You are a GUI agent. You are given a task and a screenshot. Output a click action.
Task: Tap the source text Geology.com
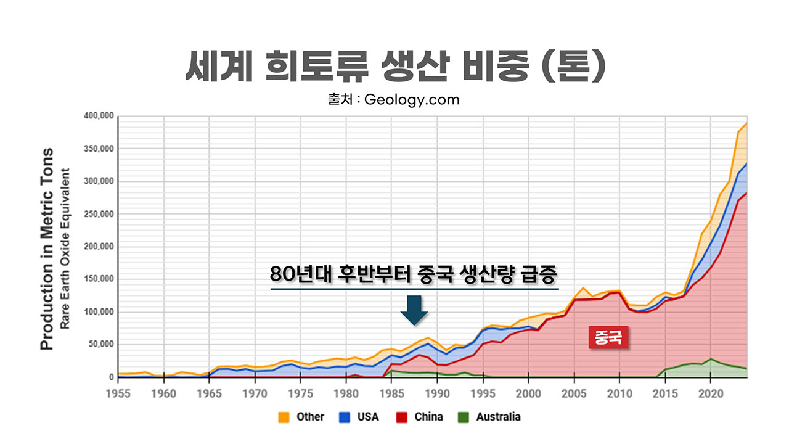coord(411,99)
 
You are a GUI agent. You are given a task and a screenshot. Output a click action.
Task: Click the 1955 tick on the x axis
coord(118,392)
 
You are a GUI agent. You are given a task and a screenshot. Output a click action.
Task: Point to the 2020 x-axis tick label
coord(711,392)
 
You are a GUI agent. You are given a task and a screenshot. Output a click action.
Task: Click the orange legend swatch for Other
coord(284,417)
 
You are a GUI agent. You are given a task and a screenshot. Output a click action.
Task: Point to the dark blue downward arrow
coord(414,310)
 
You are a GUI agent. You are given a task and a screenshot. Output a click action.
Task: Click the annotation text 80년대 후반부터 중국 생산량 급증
coord(414,274)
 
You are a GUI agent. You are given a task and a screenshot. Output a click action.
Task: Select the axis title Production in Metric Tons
coord(47,249)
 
